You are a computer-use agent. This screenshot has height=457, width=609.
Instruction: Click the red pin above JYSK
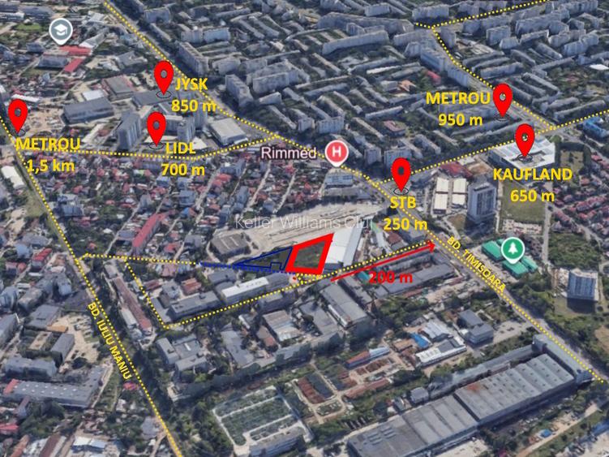tap(164, 78)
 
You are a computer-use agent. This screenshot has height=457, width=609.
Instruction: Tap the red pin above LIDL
tap(157, 126)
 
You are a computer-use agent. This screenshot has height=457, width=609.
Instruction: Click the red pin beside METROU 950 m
tap(502, 98)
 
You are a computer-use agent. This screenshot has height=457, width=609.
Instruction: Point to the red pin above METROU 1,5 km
tap(17, 114)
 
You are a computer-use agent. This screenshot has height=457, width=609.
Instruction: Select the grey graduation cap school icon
tap(59, 32)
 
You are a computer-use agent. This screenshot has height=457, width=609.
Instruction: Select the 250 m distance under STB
tap(405, 224)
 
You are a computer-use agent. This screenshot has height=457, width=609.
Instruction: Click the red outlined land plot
tap(310, 255)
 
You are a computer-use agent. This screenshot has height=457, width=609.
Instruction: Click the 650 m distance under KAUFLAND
tap(532, 195)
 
